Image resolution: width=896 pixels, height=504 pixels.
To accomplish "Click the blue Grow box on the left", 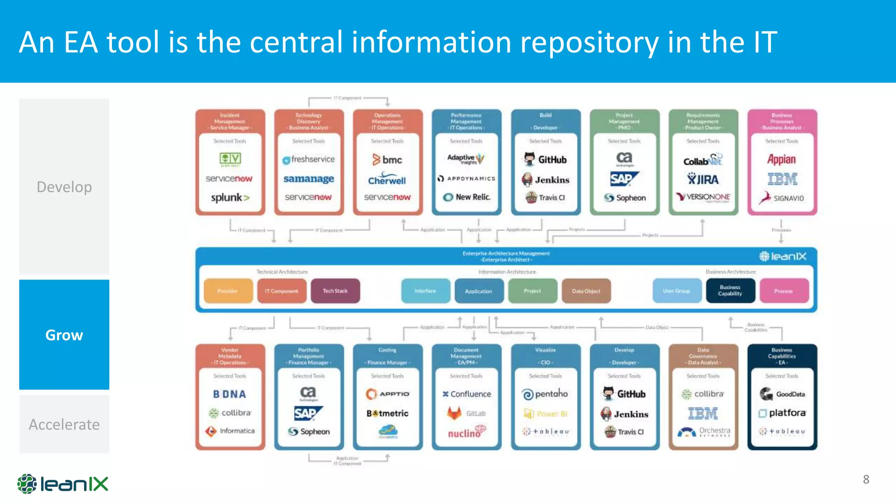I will click(64, 335).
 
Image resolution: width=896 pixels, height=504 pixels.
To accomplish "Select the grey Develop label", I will click(64, 187).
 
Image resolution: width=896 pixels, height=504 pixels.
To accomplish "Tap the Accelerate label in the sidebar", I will click(64, 424).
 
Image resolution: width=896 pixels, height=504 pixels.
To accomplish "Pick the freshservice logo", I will click(308, 159).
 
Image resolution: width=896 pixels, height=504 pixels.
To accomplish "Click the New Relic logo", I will click(467, 197).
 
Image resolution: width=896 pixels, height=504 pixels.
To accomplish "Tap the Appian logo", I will click(781, 159).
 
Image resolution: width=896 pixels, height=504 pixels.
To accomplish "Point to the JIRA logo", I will click(703, 179).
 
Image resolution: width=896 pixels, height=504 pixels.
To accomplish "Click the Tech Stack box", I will click(335, 291).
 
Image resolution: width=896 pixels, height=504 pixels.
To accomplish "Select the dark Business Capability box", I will click(730, 291).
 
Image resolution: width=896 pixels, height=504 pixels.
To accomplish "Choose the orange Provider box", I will click(228, 291).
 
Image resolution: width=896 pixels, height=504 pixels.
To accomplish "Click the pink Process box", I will click(784, 291).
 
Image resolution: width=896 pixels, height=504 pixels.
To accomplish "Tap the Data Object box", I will click(586, 291).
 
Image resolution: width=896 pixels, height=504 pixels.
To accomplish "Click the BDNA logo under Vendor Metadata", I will click(230, 394).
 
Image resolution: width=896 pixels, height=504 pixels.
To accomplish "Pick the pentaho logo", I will click(545, 394).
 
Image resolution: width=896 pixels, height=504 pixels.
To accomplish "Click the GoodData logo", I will click(782, 394).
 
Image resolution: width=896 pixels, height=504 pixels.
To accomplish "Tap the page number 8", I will click(866, 479).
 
